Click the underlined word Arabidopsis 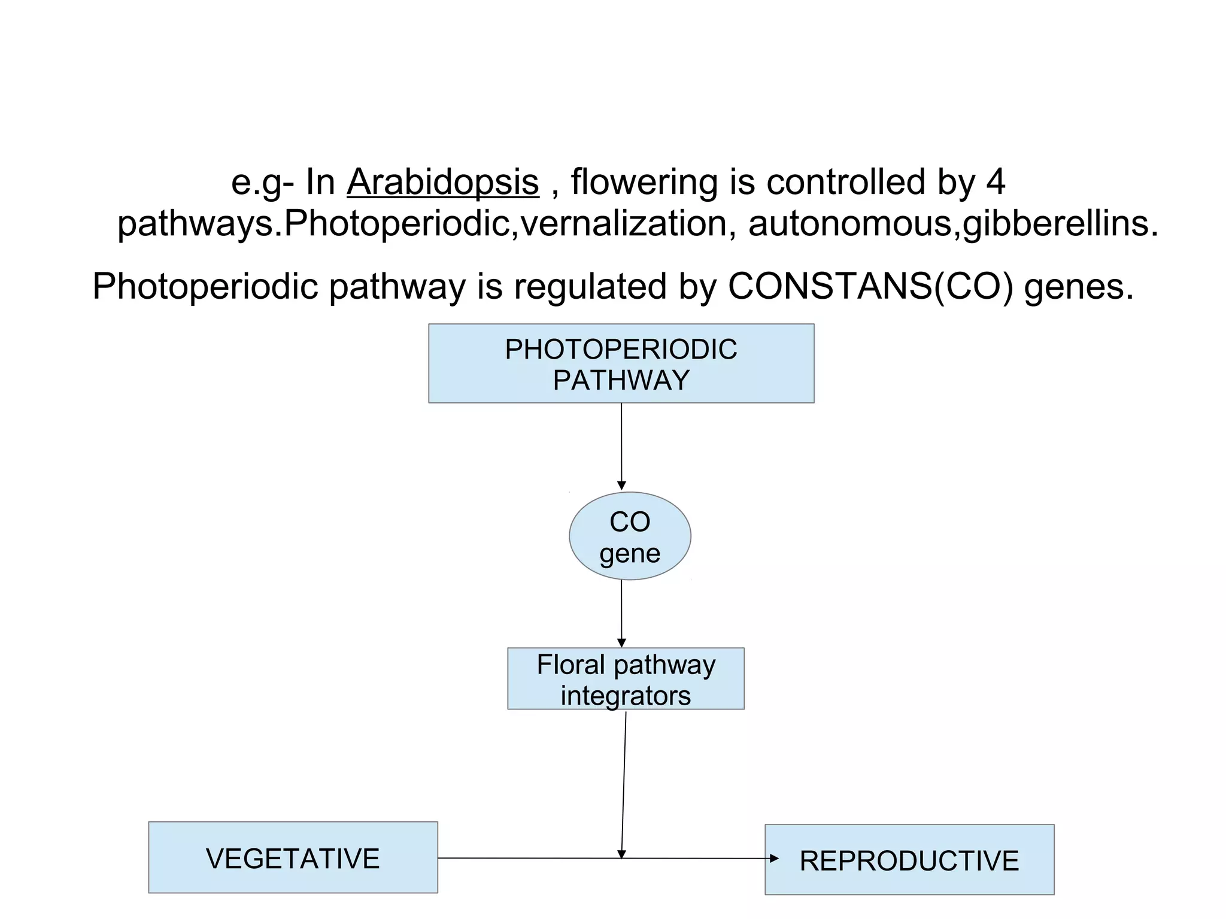(x=442, y=182)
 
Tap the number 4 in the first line (x=996, y=182)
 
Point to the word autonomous (x=850, y=224)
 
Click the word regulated (x=589, y=286)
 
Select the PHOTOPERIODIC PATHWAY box (x=621, y=363)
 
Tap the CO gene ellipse (x=630, y=536)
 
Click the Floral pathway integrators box (x=626, y=679)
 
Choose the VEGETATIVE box (x=293, y=857)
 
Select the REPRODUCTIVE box (x=909, y=860)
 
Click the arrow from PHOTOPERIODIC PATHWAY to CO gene (x=621, y=446)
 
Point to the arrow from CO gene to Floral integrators (x=621, y=613)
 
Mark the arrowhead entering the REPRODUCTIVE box (x=773, y=859)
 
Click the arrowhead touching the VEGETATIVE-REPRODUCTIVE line (x=621, y=854)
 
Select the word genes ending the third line (x=1078, y=286)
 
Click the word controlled (x=846, y=182)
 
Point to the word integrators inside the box (x=626, y=696)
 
